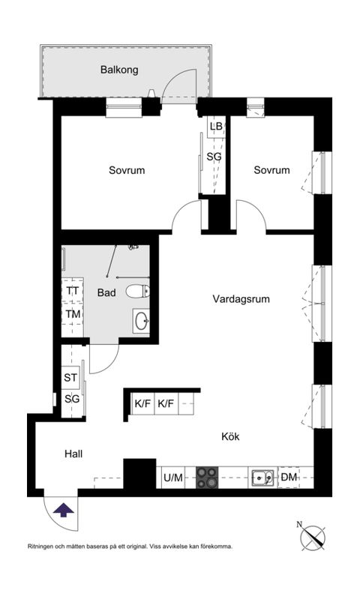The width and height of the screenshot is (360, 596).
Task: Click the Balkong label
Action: click(x=119, y=70)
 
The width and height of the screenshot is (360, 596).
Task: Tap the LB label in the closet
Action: click(x=216, y=127)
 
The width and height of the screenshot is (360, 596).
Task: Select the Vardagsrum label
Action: click(x=241, y=298)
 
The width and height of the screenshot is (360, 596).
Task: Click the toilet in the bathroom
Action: click(x=138, y=291)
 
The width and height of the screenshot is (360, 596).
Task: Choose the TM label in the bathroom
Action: click(x=72, y=314)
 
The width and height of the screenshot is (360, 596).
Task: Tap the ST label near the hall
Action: click(x=71, y=378)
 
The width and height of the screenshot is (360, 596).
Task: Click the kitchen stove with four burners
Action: click(x=206, y=476)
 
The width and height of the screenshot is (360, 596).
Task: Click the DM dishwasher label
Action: click(x=289, y=477)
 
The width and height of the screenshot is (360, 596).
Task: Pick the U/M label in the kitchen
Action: click(x=172, y=477)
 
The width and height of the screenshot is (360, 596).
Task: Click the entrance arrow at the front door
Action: click(x=64, y=511)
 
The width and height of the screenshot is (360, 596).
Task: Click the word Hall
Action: click(x=73, y=454)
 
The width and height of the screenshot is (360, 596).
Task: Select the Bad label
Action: click(x=106, y=293)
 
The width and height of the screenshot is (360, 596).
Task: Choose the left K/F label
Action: click(x=142, y=404)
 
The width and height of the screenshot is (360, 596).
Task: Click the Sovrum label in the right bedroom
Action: click(x=271, y=170)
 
